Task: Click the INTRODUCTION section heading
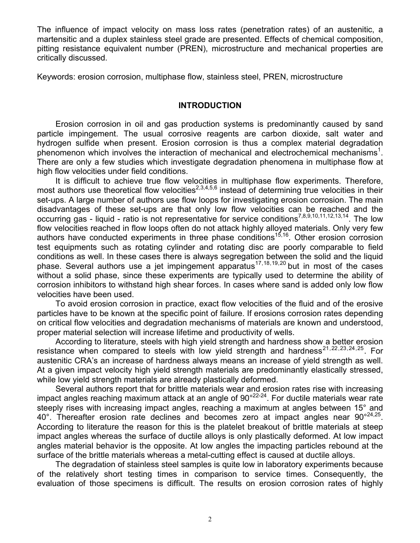(x=210, y=106)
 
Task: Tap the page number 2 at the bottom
(x=210, y=520)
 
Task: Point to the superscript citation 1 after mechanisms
(x=381, y=150)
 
